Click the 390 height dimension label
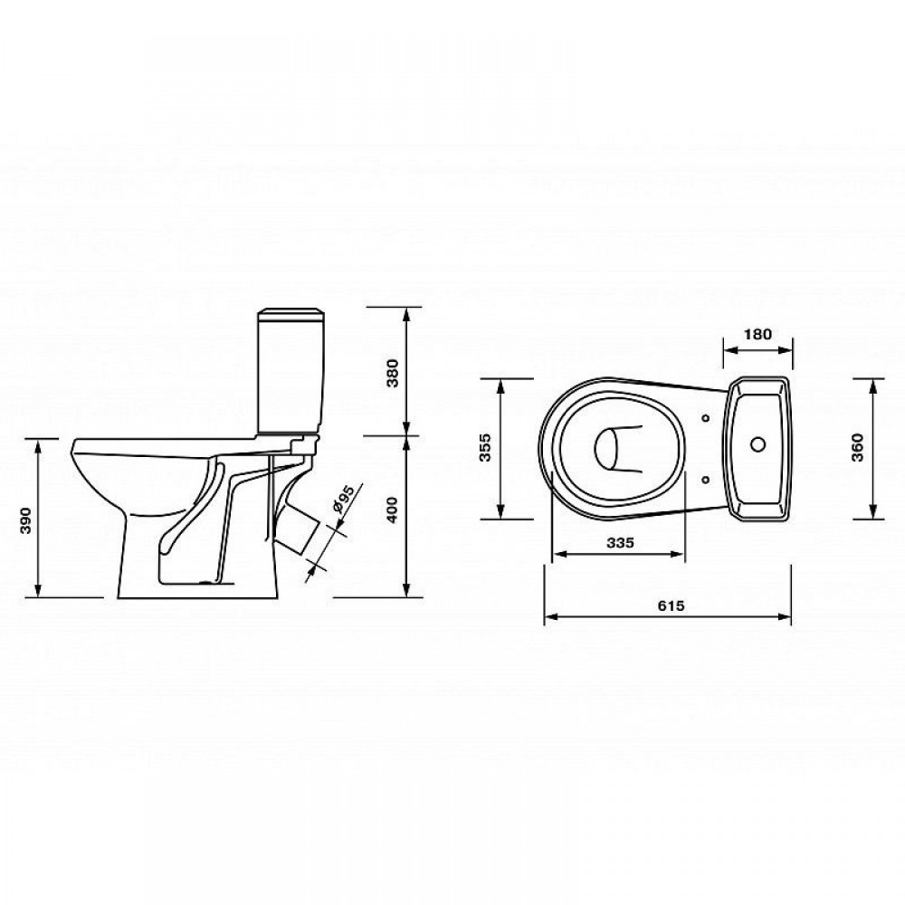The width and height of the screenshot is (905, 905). tap(25, 520)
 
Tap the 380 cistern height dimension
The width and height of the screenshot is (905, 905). tap(393, 374)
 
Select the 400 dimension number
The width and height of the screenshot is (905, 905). tap(393, 509)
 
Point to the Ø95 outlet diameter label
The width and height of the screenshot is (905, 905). tap(343, 500)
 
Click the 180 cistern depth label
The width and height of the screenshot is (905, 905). tap(757, 334)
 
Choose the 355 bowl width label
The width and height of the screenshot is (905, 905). tap(485, 447)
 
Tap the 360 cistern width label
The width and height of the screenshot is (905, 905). tap(858, 447)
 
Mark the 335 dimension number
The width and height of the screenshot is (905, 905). tap(621, 542)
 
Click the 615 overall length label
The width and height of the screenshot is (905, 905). tap(671, 605)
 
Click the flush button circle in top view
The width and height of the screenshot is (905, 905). tap(757, 443)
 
